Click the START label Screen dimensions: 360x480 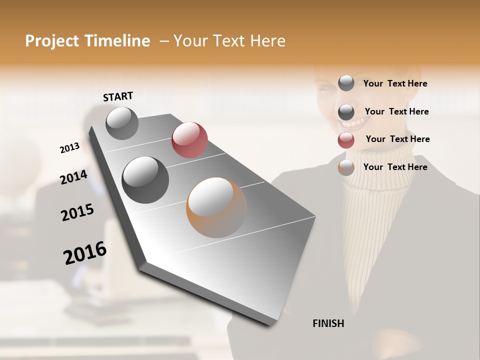click(118, 96)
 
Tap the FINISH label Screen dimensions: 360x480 click(328, 323)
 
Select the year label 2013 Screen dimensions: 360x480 click(69, 148)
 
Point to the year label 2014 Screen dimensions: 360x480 click(73, 177)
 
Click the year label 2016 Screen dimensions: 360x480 click(85, 253)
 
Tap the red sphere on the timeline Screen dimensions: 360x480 click(189, 139)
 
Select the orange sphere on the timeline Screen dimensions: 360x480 click(216, 207)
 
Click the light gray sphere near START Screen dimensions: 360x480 click(122, 123)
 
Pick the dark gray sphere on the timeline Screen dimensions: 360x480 click(145, 179)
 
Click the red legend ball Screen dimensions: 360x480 click(346, 140)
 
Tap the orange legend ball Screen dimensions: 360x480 click(346, 168)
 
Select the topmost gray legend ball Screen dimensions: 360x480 click(346, 83)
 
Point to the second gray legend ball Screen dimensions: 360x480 click(346, 112)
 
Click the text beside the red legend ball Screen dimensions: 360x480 click(397, 139)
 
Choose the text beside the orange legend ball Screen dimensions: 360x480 click(395, 167)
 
